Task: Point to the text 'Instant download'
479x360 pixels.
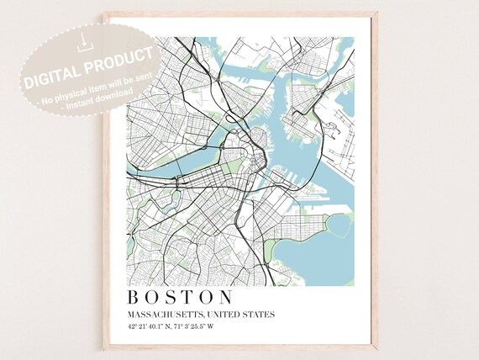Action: (x=92, y=98)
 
